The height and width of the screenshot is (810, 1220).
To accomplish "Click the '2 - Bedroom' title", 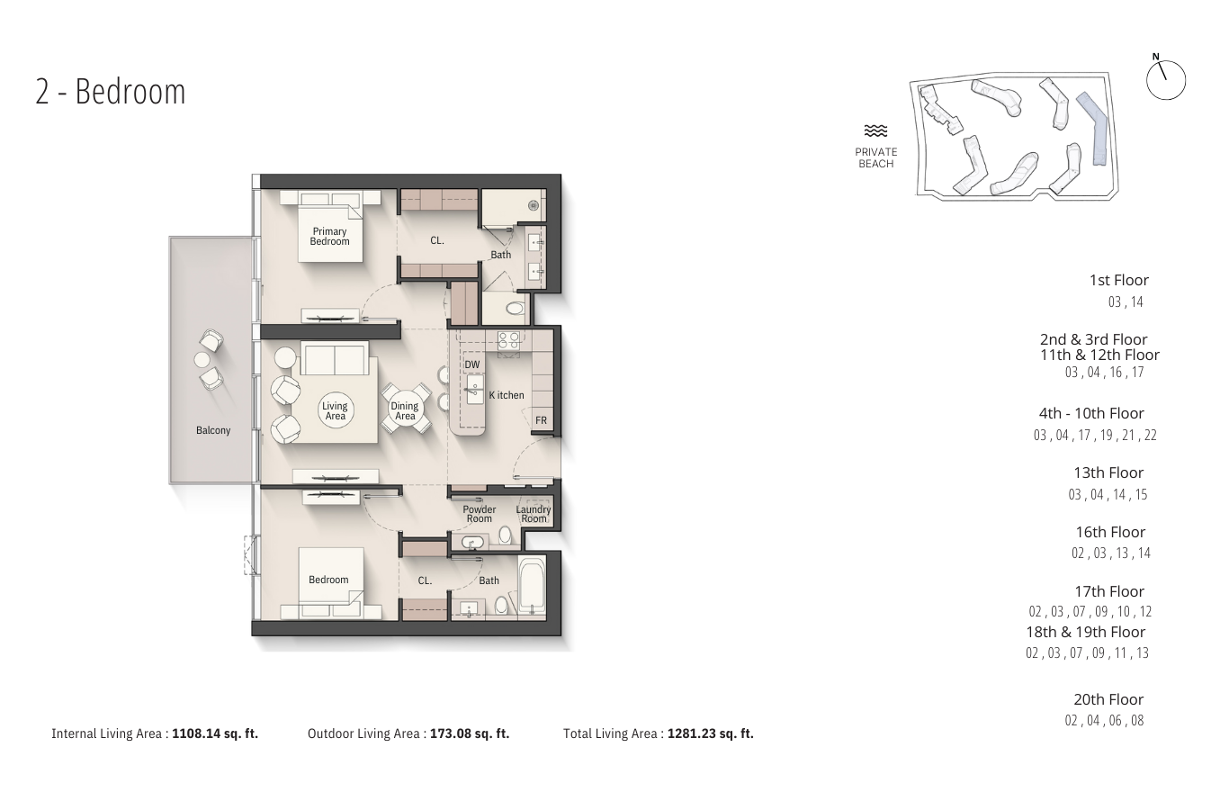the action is (x=111, y=92).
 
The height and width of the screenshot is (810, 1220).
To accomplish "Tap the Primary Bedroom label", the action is (x=329, y=237).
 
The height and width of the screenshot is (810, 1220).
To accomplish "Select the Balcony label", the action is (x=213, y=430).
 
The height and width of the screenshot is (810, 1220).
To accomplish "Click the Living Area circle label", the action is (x=335, y=410).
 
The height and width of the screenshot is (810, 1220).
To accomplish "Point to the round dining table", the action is (x=405, y=409).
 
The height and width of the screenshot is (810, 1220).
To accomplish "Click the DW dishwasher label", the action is (x=472, y=365).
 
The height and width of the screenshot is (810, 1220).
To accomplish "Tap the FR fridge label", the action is (x=541, y=420).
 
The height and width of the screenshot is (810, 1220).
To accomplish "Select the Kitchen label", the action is (x=507, y=395).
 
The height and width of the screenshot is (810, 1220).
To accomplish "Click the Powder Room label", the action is (x=480, y=514).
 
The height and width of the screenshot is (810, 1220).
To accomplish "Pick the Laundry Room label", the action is (x=534, y=514).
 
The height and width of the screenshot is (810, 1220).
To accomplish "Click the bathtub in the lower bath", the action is (x=532, y=586).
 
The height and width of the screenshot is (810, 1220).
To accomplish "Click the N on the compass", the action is (x=1156, y=57).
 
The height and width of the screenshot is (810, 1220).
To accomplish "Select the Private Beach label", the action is (x=875, y=157).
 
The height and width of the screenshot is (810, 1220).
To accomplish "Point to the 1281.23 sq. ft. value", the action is (x=710, y=733).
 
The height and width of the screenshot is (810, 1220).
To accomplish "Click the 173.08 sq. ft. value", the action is (x=470, y=733).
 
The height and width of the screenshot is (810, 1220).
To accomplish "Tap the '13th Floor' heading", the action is (x=1108, y=472).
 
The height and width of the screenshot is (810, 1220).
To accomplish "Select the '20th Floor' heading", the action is (x=1108, y=699).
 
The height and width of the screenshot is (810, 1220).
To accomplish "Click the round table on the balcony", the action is (x=202, y=360).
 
